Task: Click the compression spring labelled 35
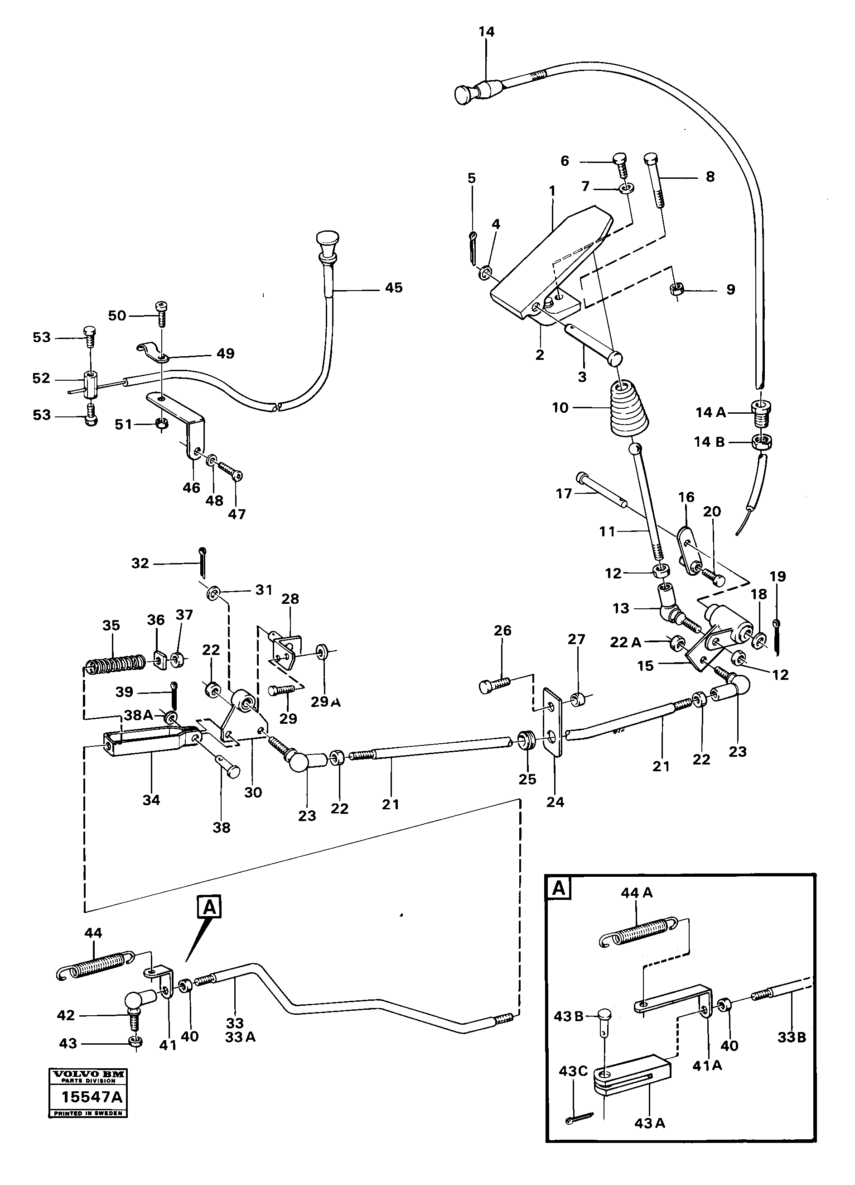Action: click(115, 664)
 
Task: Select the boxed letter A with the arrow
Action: click(210, 908)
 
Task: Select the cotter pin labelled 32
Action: click(202, 561)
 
